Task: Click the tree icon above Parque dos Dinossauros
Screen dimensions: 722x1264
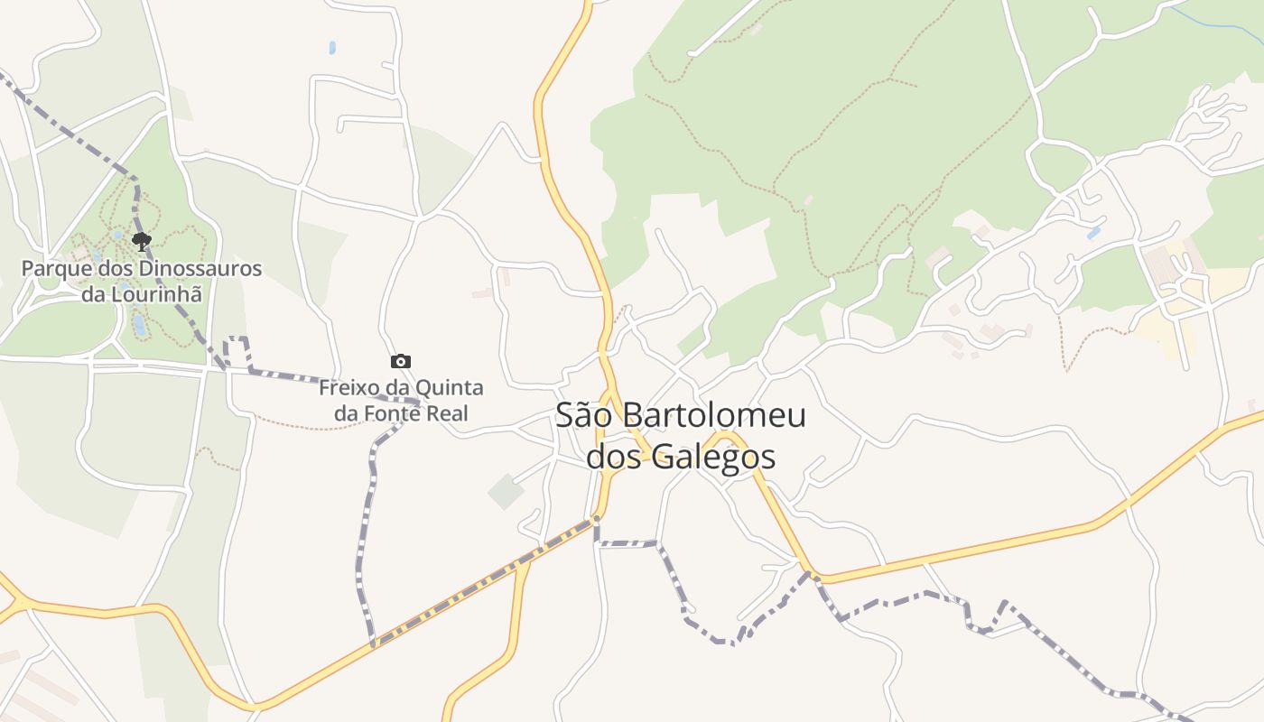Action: point(141,241)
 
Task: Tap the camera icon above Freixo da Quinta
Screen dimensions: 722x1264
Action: point(401,361)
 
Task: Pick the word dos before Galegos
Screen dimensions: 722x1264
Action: point(616,457)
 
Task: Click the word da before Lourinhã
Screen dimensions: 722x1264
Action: point(93,293)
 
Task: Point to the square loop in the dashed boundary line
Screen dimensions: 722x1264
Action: point(237,351)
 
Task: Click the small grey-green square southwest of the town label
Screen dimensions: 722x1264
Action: point(506,491)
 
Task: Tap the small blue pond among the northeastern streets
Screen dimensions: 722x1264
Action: point(1094,233)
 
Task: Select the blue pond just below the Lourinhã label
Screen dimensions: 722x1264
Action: point(137,321)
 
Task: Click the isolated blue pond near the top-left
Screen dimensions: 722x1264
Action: point(332,47)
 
